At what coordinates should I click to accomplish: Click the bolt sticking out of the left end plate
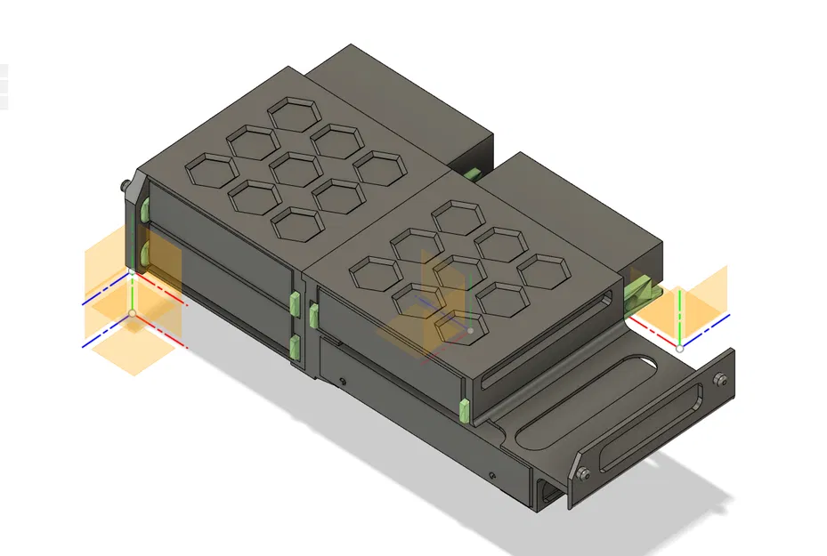click(x=123, y=188)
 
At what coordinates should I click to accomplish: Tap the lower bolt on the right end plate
click(x=580, y=473)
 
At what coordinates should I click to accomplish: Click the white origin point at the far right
click(x=680, y=346)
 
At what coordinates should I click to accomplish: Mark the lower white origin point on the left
click(x=133, y=313)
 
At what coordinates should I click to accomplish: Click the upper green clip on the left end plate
click(x=142, y=212)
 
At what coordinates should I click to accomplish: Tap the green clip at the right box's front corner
click(x=464, y=408)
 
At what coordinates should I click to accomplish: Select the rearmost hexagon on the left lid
click(x=295, y=114)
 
